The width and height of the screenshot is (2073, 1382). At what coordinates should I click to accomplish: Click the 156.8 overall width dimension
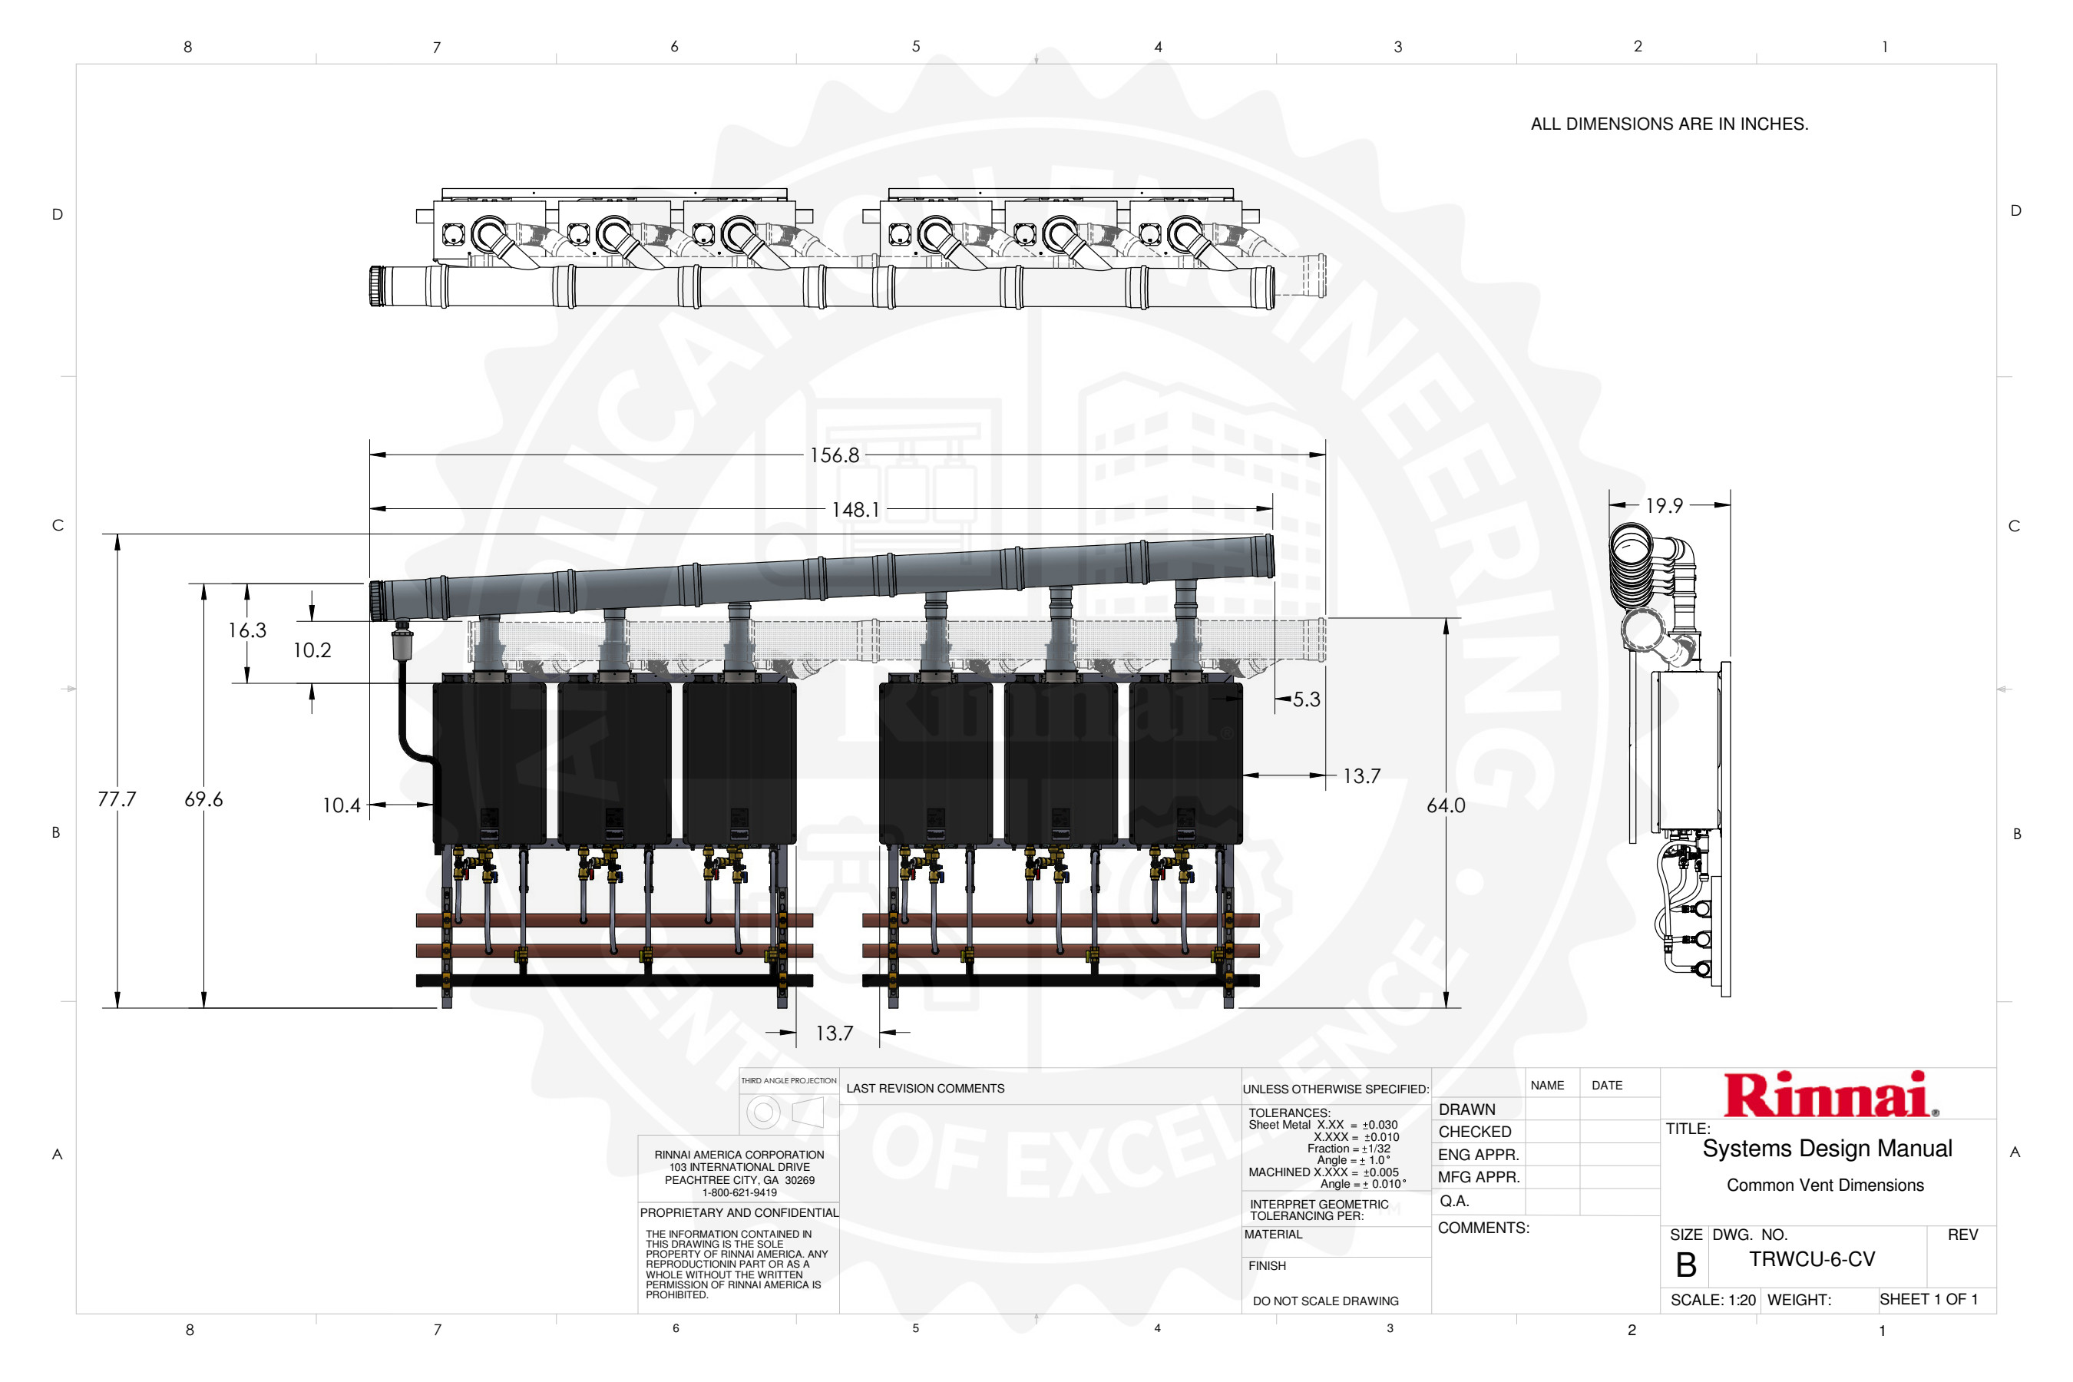click(834, 455)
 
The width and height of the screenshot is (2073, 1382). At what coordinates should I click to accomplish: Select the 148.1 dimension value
click(855, 510)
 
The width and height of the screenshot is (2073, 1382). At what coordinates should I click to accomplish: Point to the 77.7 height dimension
click(117, 799)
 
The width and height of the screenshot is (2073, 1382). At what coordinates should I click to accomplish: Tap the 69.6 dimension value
click(203, 799)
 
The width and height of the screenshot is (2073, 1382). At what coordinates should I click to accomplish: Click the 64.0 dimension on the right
click(1446, 805)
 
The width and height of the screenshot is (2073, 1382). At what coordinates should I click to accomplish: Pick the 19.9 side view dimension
click(1664, 506)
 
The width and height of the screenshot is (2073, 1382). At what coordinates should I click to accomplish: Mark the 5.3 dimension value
click(1306, 699)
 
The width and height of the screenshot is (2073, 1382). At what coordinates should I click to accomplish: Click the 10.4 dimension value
click(341, 805)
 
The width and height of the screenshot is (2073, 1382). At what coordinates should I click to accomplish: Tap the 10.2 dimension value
click(312, 650)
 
